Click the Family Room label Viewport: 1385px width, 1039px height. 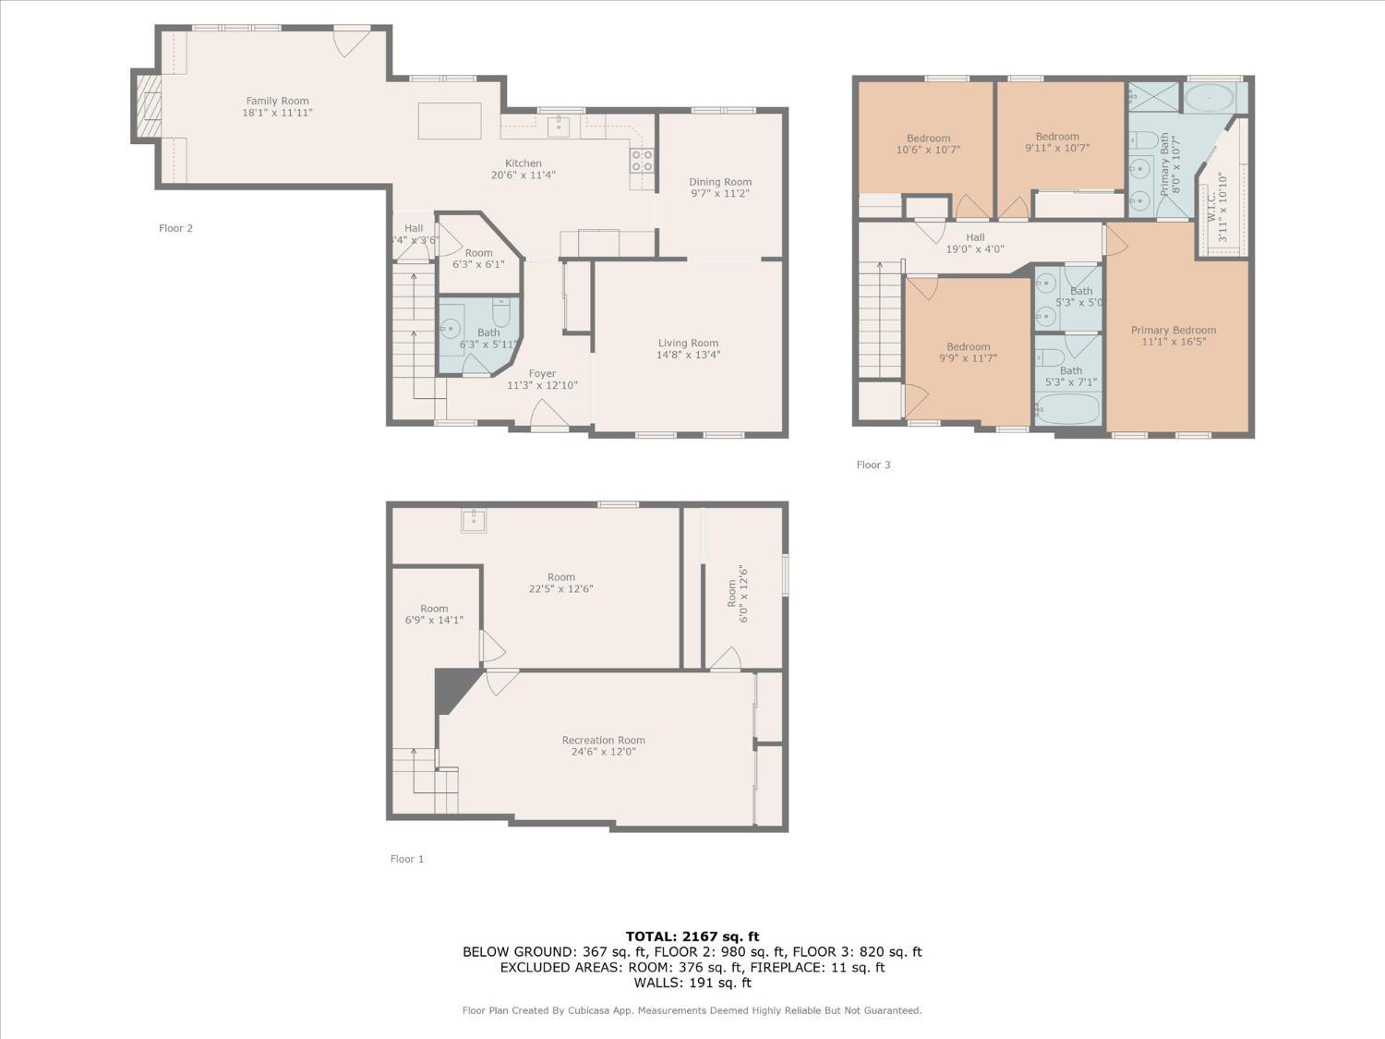[x=277, y=101]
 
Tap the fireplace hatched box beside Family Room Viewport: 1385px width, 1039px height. [x=149, y=106]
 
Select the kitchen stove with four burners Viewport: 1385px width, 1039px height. [x=643, y=160]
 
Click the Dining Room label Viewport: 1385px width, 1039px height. [x=720, y=182]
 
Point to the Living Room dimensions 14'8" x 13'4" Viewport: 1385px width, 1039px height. [x=688, y=355]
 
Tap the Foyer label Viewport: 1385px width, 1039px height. [x=542, y=373]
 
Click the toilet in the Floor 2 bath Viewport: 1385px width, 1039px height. [x=501, y=311]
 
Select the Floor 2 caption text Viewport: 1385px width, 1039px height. [x=175, y=228]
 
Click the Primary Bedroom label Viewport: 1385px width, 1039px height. [x=1173, y=330]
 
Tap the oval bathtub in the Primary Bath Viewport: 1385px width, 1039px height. [x=1209, y=99]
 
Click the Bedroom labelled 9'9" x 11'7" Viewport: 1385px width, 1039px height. [x=968, y=347]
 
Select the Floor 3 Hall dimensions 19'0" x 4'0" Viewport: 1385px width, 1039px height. [x=975, y=249]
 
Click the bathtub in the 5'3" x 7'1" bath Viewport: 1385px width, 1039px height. [x=1068, y=410]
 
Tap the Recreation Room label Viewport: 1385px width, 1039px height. [x=603, y=740]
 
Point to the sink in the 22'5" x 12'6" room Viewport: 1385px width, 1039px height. [x=474, y=521]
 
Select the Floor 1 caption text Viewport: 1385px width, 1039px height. [x=407, y=859]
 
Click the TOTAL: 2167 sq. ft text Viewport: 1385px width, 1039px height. [x=692, y=936]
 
